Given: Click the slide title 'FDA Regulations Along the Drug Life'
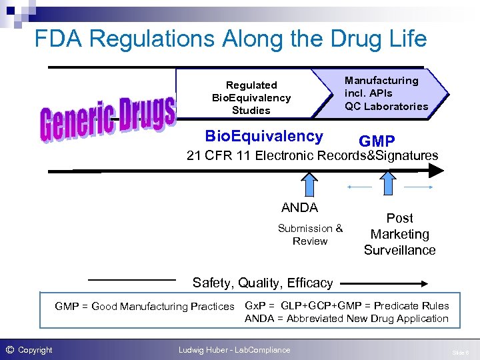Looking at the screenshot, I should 230,39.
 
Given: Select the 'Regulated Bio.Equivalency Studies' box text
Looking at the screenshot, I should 251,97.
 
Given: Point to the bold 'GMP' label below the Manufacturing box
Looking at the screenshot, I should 377,141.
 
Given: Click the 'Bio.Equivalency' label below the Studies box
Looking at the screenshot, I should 264,137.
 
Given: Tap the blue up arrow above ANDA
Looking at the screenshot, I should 309,185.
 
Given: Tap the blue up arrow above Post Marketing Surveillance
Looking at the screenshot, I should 388,185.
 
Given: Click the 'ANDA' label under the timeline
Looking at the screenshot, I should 299,207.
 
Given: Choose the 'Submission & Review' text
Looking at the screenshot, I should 310,235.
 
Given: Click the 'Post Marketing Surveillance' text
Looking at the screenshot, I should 399,234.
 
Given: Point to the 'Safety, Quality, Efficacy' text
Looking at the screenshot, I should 263,283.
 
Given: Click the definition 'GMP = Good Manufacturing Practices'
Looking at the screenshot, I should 145,307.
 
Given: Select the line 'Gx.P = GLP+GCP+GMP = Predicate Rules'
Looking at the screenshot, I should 347,306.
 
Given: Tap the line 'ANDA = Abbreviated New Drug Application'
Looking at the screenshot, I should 347,319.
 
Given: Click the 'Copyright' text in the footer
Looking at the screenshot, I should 35,350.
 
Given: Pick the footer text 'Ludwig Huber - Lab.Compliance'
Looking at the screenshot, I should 234,350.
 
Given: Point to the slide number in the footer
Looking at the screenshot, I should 460,351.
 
